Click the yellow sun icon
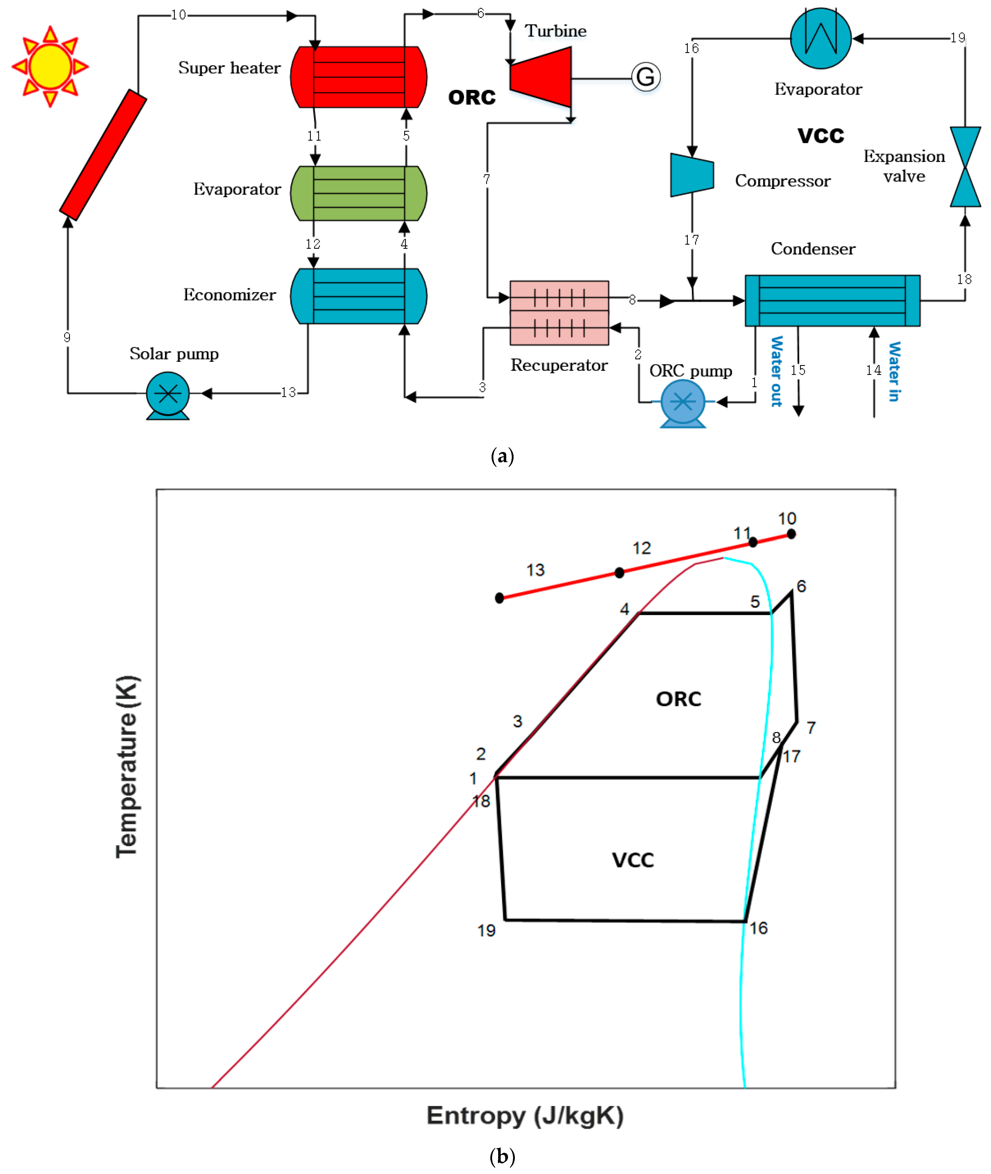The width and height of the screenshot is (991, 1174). tap(50, 66)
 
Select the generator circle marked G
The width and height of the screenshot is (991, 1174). tap(646, 77)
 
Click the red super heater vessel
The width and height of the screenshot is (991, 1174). tap(359, 77)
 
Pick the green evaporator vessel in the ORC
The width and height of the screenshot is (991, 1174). tap(359, 193)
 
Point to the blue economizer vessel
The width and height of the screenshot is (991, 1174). tap(359, 296)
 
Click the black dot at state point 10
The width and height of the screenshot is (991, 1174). tap(791, 534)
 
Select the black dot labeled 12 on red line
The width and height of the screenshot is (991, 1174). tap(619, 573)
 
